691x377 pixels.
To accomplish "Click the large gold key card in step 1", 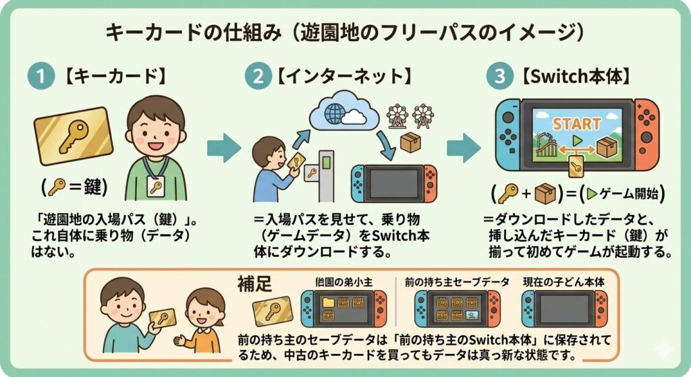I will point(72,136).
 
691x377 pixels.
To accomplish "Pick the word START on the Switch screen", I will point(576,124).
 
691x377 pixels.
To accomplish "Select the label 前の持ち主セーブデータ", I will point(457,281).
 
